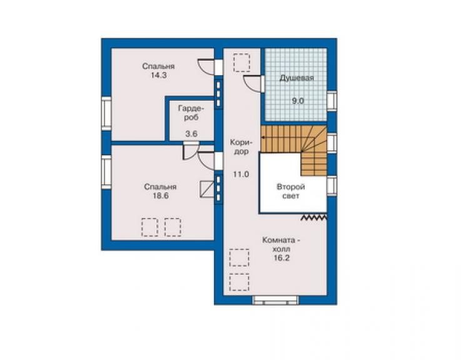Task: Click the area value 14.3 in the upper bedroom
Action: pyautogui.click(x=158, y=75)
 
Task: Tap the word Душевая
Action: pyautogui.click(x=297, y=78)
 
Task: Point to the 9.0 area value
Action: pyautogui.click(x=298, y=101)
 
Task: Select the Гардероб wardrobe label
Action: pyautogui.click(x=191, y=113)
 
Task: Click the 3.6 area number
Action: pyautogui.click(x=191, y=134)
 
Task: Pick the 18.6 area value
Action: pyautogui.click(x=161, y=196)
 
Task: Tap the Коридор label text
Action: pyautogui.click(x=242, y=147)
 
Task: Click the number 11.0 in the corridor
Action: pyautogui.click(x=241, y=175)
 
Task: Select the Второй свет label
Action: pyautogui.click(x=290, y=191)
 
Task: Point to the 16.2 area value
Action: pyautogui.click(x=282, y=258)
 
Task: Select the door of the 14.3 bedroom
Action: pyautogui.click(x=206, y=67)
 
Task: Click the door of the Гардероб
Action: pyautogui.click(x=191, y=151)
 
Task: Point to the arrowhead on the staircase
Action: pyautogui.click(x=263, y=138)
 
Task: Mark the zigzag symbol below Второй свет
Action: pyautogui.click(x=314, y=218)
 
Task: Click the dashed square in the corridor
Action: pyautogui.click(x=242, y=63)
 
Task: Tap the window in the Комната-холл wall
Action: pyautogui.click(x=275, y=300)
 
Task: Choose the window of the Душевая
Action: pyautogui.click(x=332, y=101)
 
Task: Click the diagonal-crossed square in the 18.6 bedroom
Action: pyautogui.click(x=207, y=189)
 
